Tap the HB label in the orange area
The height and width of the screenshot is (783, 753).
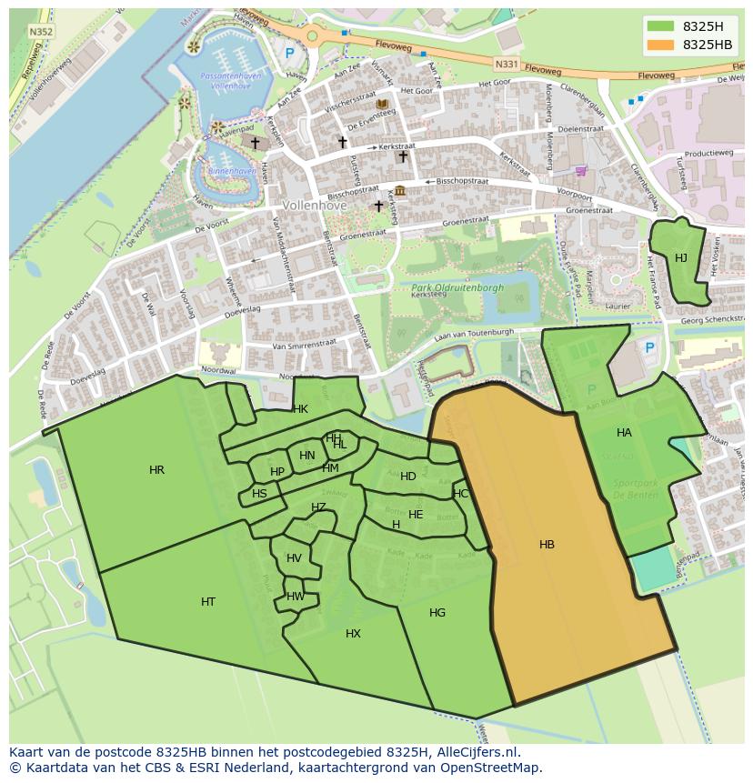tap(547, 545)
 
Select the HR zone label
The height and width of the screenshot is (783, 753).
tap(156, 470)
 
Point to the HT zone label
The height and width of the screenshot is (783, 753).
tap(208, 602)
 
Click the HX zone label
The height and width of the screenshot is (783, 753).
tap(353, 634)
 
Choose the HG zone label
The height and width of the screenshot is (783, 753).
tap(437, 613)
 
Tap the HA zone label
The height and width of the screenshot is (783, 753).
tap(624, 433)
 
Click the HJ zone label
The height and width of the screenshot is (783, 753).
tap(681, 258)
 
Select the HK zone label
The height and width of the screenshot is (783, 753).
tap(300, 409)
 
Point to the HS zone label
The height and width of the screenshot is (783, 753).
tap(259, 494)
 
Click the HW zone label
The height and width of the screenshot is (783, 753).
tap(296, 597)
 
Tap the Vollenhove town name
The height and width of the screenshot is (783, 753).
tap(314, 206)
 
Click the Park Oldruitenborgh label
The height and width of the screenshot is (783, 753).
tap(457, 287)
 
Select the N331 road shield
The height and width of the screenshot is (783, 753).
tap(506, 64)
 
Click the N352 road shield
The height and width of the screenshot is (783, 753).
tap(40, 31)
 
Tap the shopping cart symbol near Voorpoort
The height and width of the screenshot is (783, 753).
tap(581, 170)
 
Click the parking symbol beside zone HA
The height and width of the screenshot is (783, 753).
tap(649, 347)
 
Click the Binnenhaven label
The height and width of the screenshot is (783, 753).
tap(231, 171)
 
